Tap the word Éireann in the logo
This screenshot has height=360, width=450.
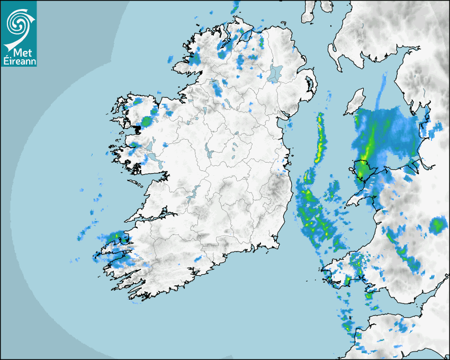click(19, 60)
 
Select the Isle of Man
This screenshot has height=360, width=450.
click(355, 102)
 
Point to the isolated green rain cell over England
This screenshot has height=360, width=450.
click(437, 226)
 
